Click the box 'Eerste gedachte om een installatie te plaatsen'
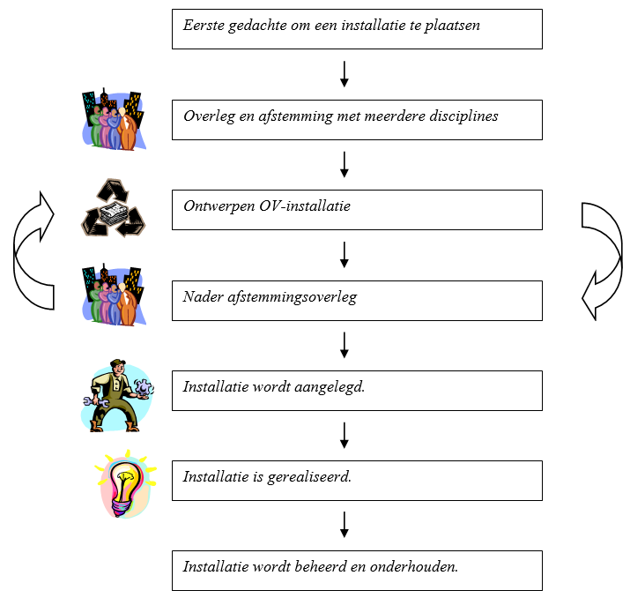357,29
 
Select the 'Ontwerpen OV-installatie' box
357,210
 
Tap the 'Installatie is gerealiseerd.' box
357,480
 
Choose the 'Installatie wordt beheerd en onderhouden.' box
357,571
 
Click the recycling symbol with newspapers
113,208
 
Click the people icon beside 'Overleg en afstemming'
113,119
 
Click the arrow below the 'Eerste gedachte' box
345,74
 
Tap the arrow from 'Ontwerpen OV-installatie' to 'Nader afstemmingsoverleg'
345,255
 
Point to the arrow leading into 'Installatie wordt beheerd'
345,525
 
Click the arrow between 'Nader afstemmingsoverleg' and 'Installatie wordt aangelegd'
345,345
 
